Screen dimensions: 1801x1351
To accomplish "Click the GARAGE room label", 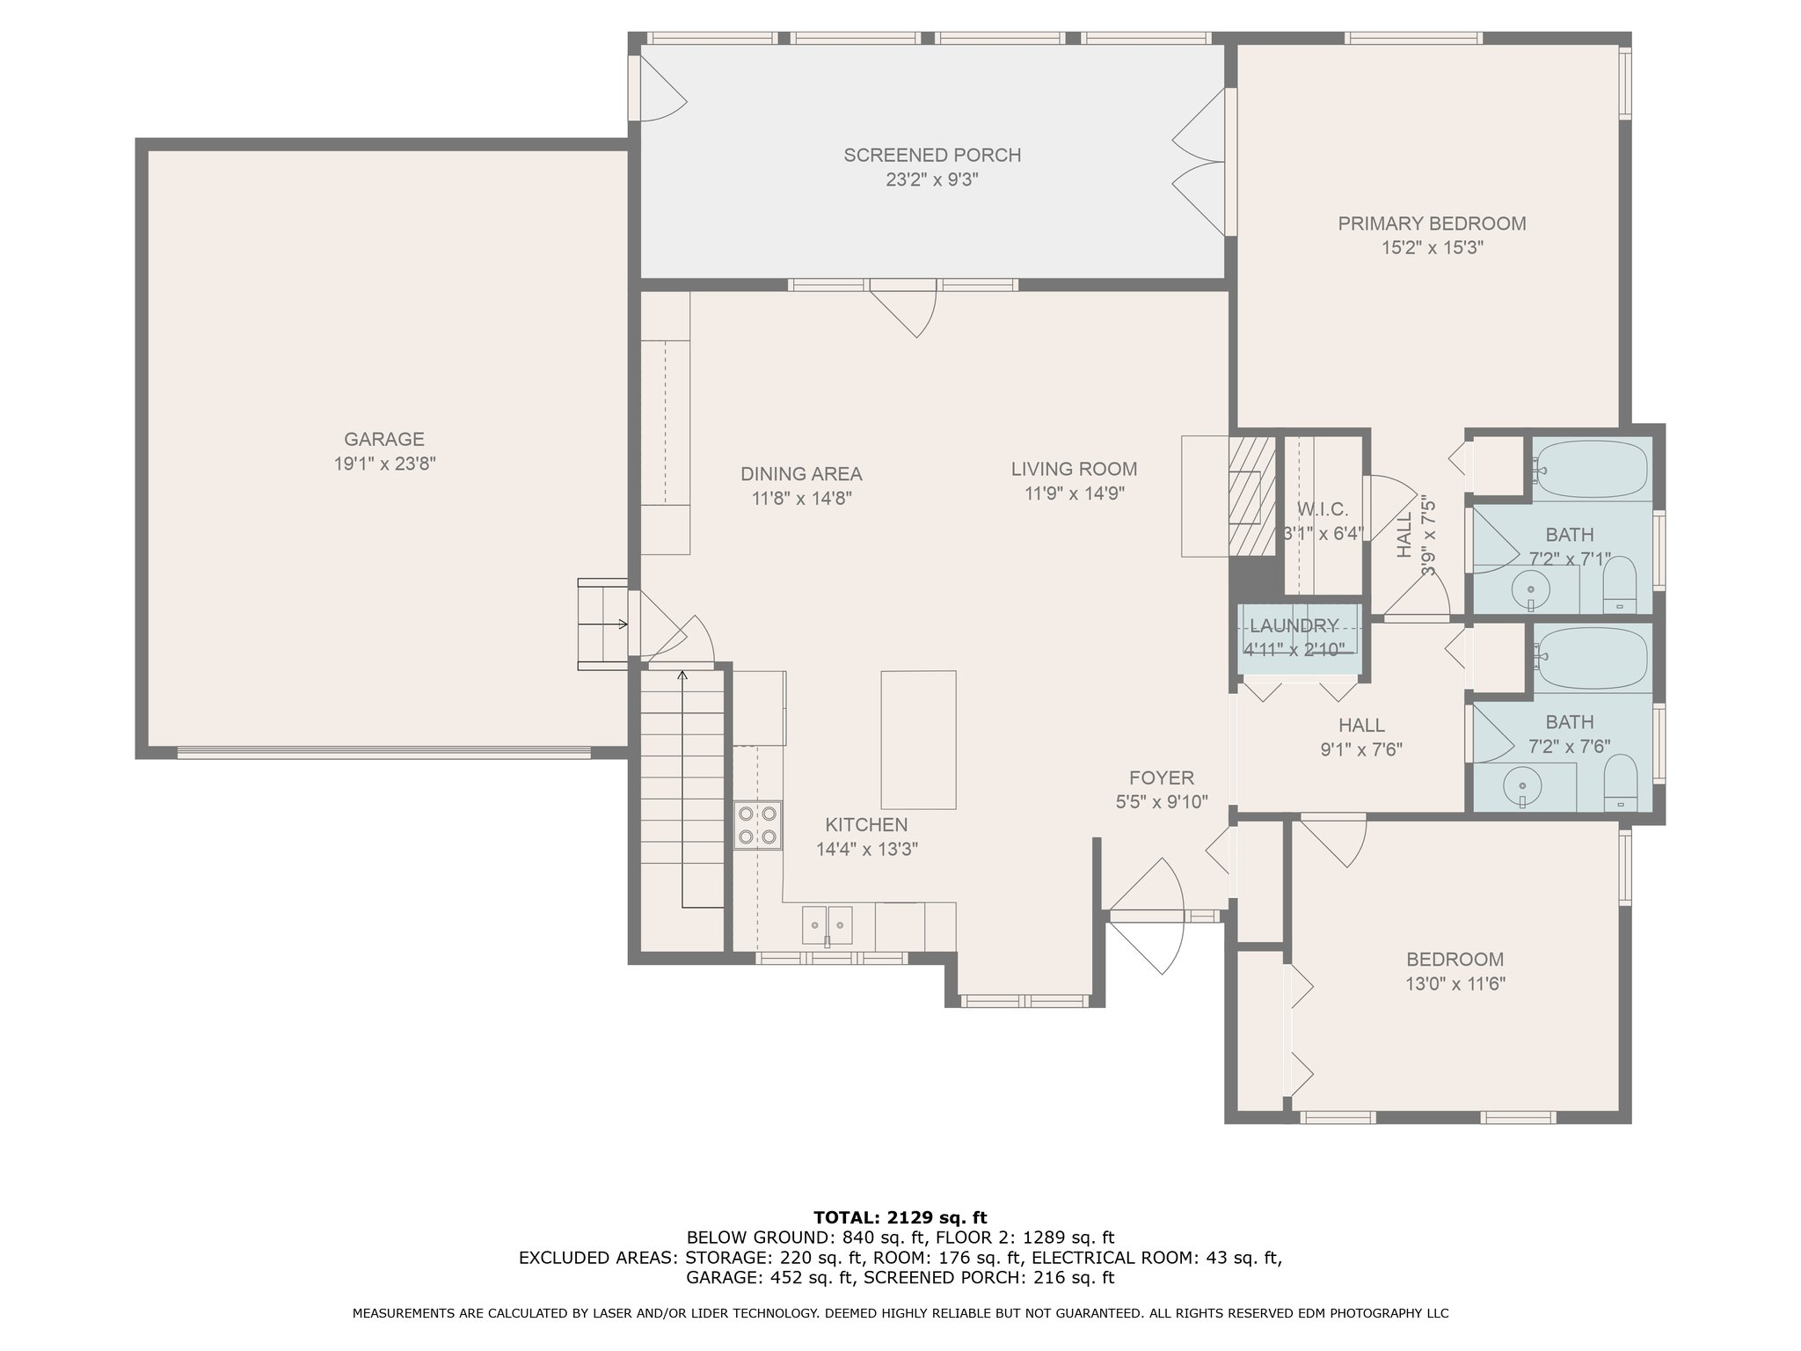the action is click(x=384, y=439).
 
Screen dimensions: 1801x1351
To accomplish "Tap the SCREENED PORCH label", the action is click(x=932, y=156).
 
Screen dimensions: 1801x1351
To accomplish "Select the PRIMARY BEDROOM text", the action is click(x=1432, y=223).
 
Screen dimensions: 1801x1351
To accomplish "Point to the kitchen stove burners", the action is click(x=758, y=825).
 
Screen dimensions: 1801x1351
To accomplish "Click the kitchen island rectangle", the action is click(x=919, y=740).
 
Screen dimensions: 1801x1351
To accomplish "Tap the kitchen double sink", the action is click(x=828, y=925).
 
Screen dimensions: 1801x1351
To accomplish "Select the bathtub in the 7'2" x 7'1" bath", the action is click(x=1591, y=470).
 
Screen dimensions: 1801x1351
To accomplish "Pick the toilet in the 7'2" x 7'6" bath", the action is click(x=1619, y=782).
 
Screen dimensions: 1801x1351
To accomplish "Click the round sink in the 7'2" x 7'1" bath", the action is click(x=1531, y=588).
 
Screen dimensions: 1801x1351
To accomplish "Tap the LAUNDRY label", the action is click(x=1294, y=625).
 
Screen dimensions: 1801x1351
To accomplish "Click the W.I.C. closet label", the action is click(x=1322, y=509).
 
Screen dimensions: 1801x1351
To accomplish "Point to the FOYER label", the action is click(x=1162, y=778).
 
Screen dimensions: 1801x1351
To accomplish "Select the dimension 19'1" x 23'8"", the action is click(x=384, y=464).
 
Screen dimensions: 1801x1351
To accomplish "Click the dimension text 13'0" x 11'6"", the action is click(x=1455, y=983).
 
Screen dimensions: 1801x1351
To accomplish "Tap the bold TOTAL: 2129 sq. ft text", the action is click(x=900, y=1217).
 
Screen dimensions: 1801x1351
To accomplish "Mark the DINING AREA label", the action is click(x=801, y=474).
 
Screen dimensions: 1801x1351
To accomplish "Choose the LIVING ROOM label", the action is click(x=1074, y=469).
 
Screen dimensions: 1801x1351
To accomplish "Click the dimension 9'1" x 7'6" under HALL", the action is click(x=1361, y=749).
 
